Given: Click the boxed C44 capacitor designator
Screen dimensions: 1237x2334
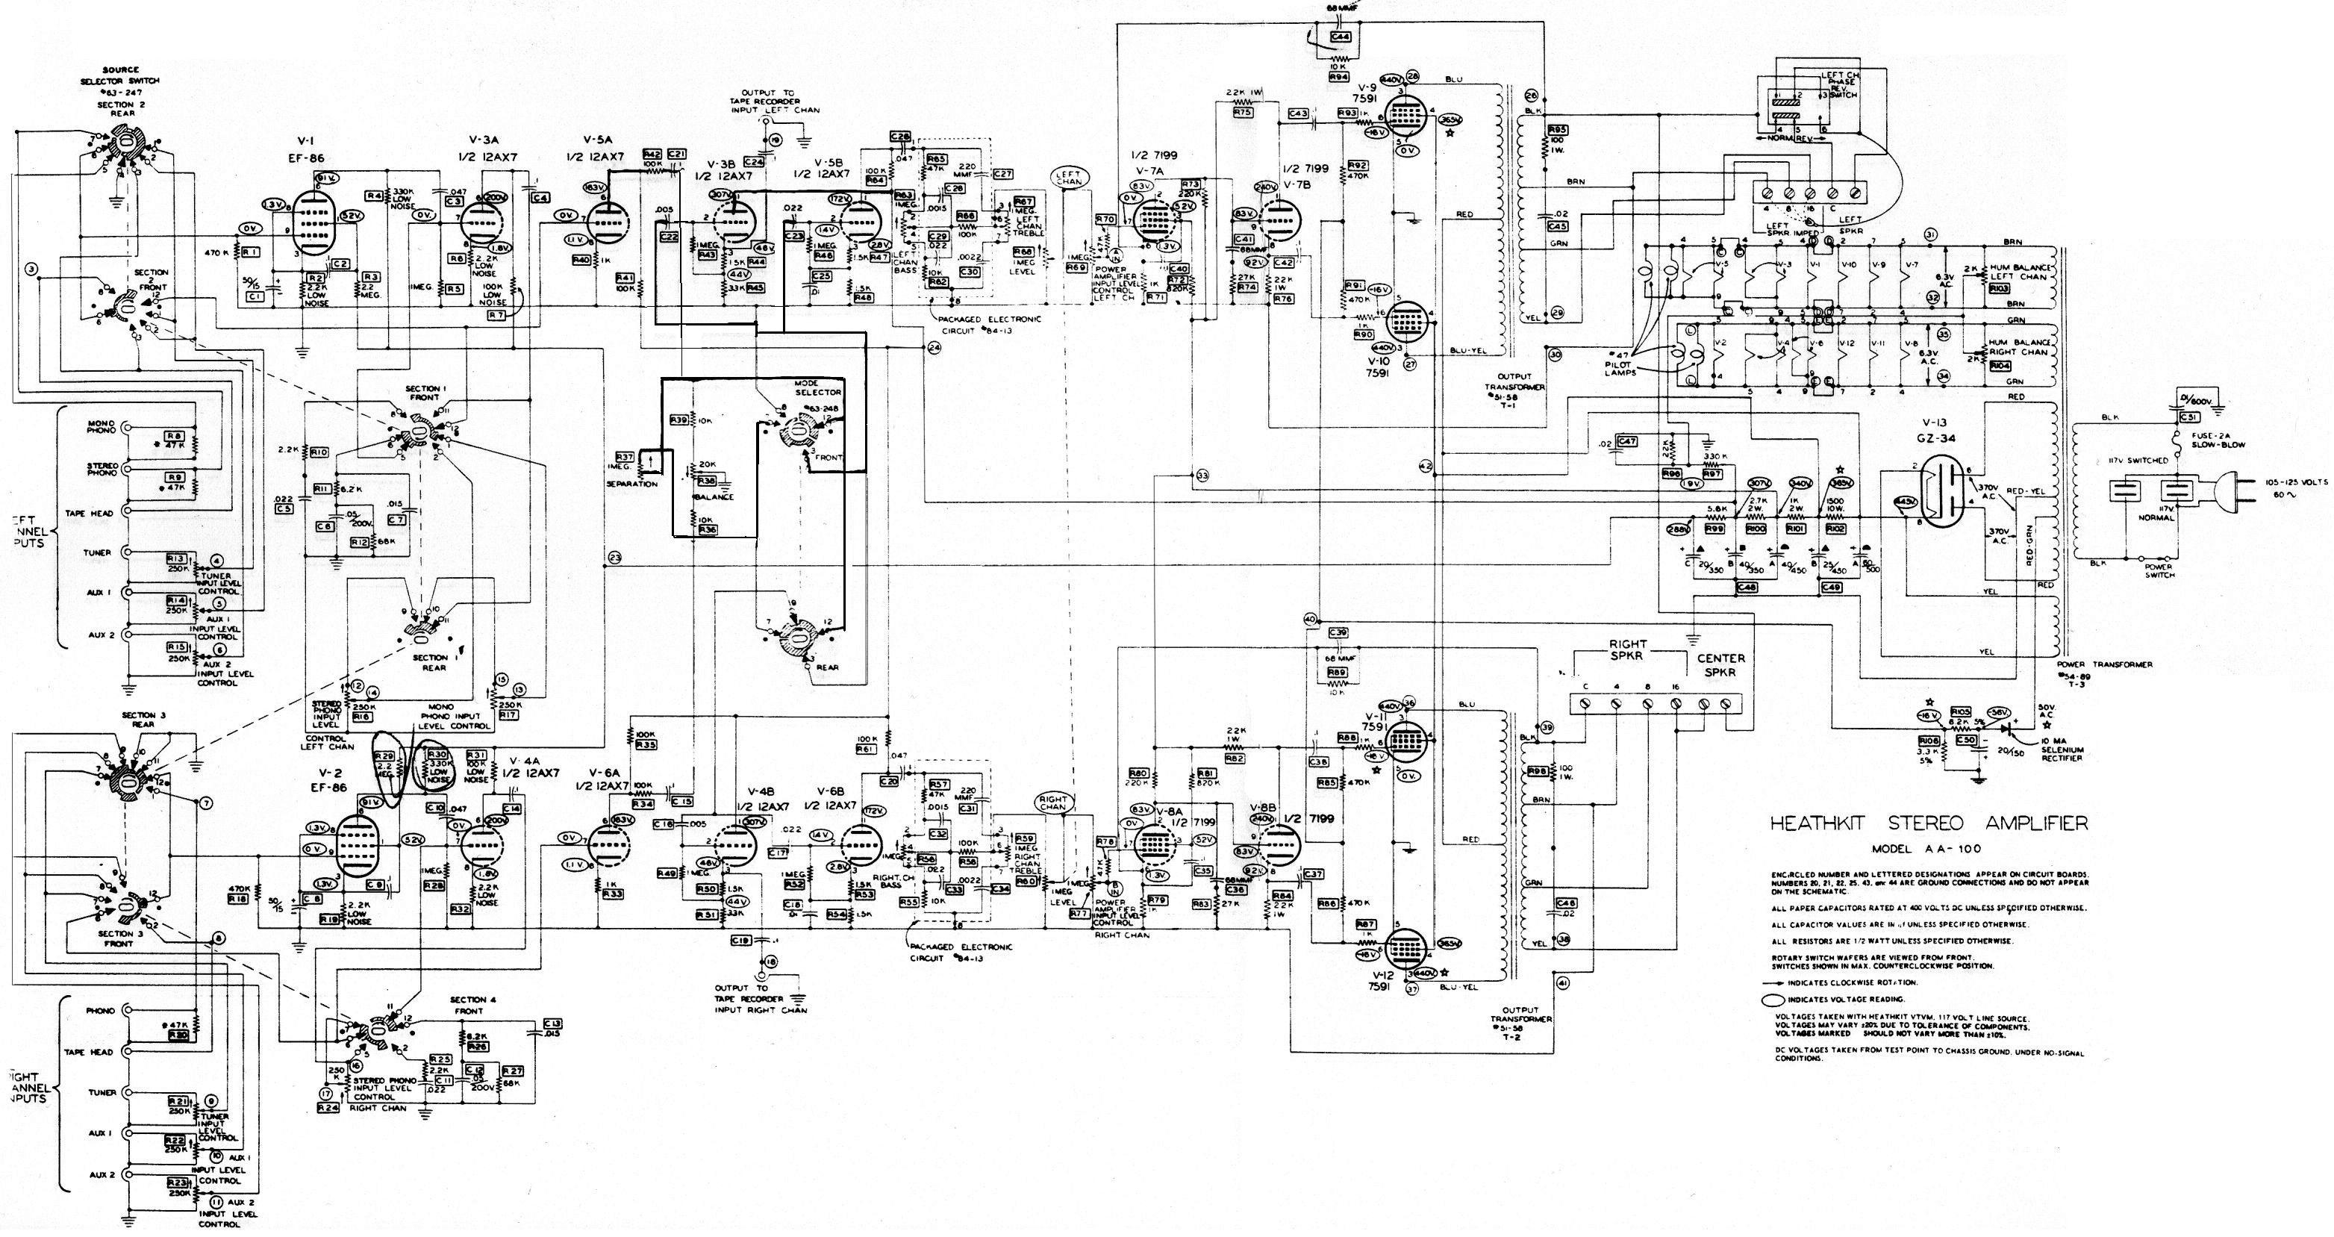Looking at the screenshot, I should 1341,37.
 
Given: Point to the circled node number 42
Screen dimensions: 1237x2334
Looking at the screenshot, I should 1424,465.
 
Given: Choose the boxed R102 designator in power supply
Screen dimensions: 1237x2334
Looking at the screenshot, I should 1835,528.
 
